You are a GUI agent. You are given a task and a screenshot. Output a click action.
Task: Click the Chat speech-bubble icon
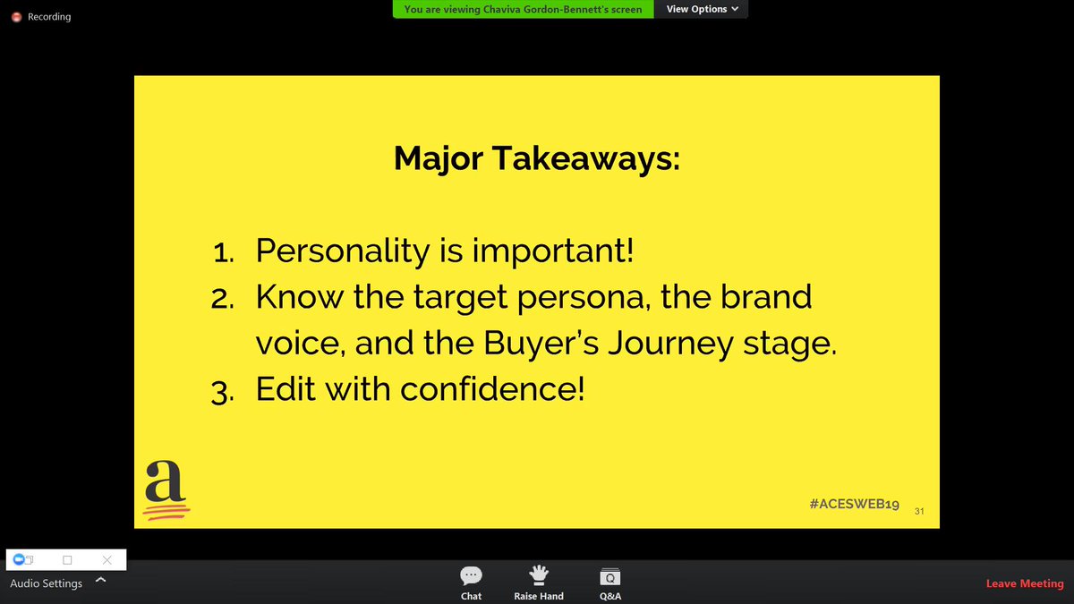(471, 575)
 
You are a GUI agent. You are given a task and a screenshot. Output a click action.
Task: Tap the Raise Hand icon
(539, 575)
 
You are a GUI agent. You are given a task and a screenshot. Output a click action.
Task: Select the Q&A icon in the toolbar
(609, 577)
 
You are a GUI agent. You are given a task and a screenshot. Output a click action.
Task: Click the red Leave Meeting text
(1024, 583)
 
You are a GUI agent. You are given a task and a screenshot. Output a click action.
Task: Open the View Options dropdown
(703, 9)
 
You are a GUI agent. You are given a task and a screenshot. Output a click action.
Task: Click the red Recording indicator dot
(16, 17)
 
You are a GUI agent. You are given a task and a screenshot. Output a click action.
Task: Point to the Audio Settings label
(46, 583)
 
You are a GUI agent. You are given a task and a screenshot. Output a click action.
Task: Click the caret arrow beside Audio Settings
(100, 580)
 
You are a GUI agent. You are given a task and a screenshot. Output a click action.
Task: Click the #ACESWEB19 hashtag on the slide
(853, 505)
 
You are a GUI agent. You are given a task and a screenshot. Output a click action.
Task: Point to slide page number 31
(919, 511)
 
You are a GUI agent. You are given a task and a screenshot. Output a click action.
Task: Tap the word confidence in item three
(491, 389)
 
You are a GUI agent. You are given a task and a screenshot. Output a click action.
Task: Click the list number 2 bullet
(222, 299)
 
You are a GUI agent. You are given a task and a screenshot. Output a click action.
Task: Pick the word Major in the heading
(438, 158)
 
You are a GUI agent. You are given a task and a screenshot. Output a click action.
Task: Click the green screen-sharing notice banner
(523, 9)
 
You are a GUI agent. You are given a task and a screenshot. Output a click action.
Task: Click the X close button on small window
(107, 560)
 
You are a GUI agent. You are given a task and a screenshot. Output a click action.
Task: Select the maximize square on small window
(67, 560)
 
